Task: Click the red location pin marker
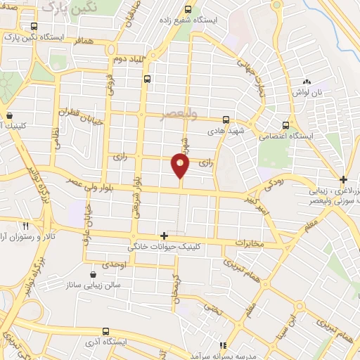click(x=180, y=165)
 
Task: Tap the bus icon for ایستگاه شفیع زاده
click(x=187, y=10)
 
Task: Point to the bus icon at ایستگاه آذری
click(x=105, y=330)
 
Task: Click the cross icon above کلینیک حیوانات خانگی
click(x=164, y=236)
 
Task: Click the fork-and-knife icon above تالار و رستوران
click(x=25, y=226)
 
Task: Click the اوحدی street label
click(x=114, y=264)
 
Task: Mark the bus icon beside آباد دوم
click(x=146, y=80)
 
